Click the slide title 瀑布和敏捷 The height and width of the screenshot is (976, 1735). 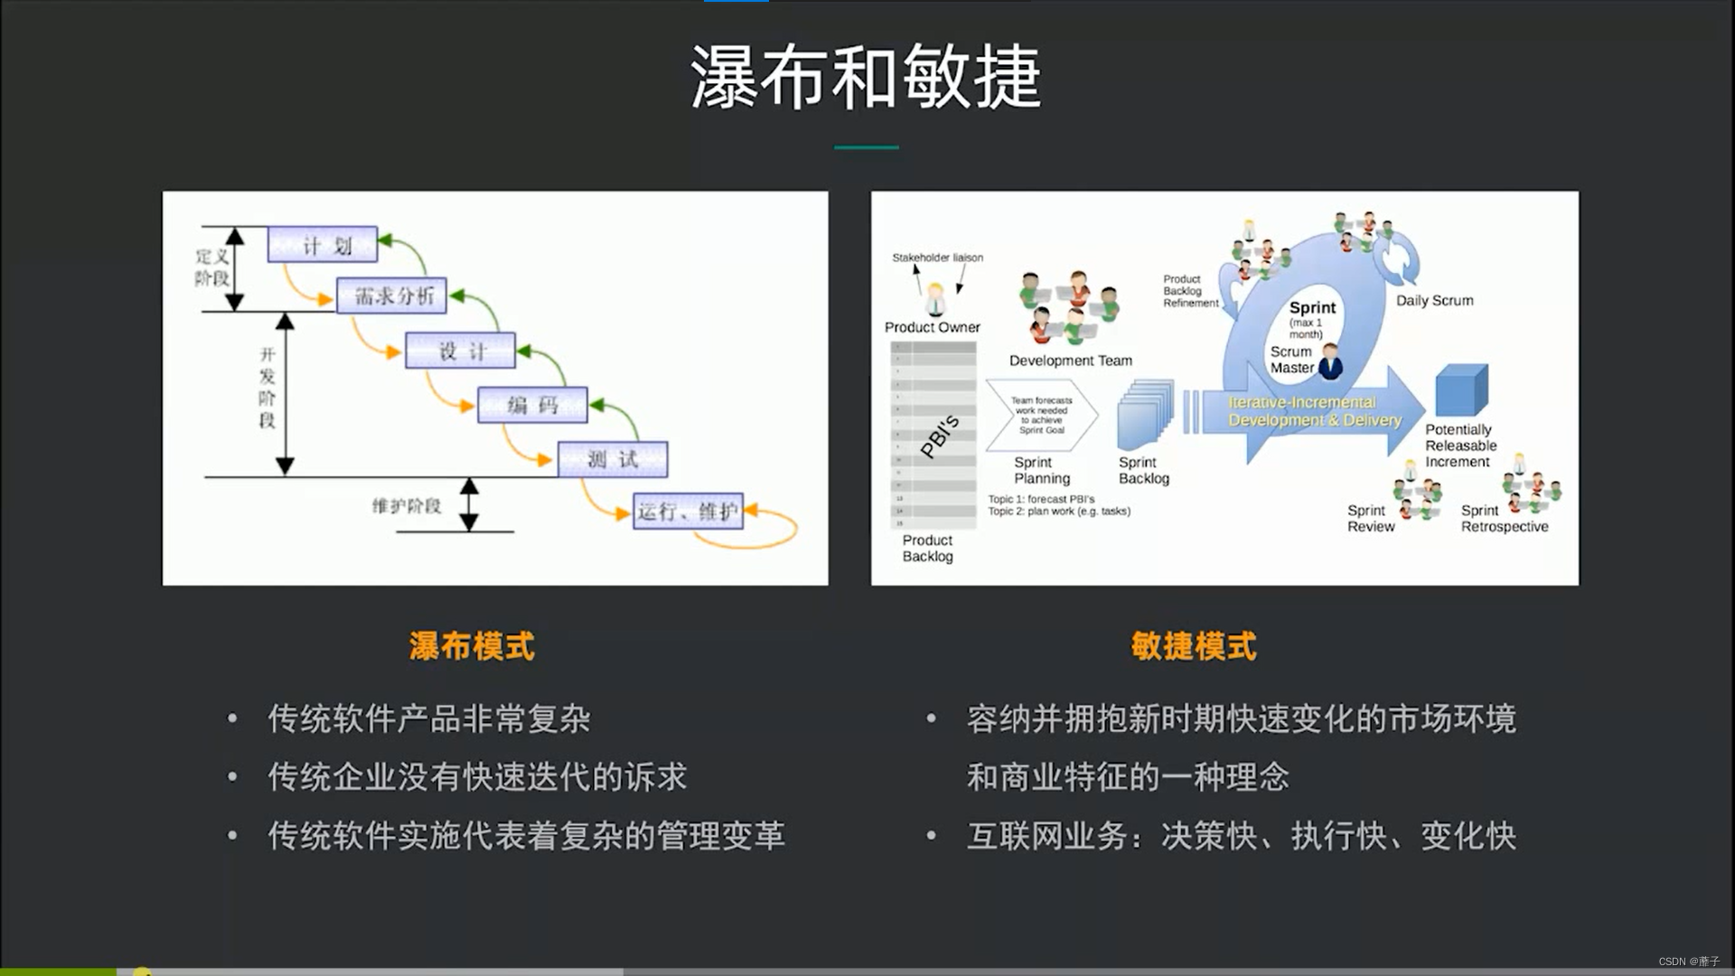pos(866,78)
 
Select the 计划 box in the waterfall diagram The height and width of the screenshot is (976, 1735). pos(323,245)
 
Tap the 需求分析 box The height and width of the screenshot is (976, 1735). pos(392,296)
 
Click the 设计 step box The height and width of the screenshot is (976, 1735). pos(461,351)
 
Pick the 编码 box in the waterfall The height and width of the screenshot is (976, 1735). pos(532,405)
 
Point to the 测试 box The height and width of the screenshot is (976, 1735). pos(613,459)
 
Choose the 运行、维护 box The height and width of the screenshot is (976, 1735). pos(688,511)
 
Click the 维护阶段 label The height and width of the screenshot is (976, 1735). pos(407,506)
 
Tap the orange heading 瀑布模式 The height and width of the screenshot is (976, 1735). pos(472,646)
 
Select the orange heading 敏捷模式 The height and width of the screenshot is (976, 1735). pos(1194,646)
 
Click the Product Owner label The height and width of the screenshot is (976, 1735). pos(932,327)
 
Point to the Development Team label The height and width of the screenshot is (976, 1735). pos(1070,361)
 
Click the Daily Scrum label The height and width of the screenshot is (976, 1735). pos(1434,301)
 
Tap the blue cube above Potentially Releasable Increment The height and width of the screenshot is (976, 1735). pos(1460,390)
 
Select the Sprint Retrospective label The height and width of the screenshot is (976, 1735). pos(1504,519)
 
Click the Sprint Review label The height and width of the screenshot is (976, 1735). pos(1370,519)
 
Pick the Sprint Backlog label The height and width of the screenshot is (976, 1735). pos(1143,471)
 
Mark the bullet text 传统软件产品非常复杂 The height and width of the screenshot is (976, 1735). pos(429,719)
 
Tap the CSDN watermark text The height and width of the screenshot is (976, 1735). pos(1688,962)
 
